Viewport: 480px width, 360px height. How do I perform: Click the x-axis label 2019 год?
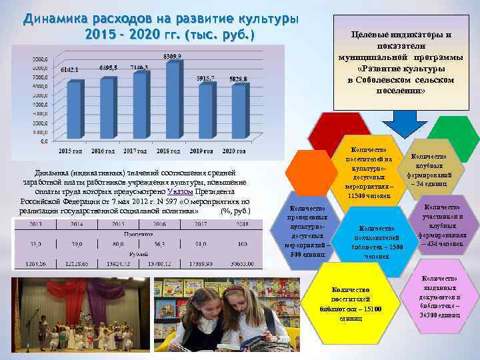tap(205, 153)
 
